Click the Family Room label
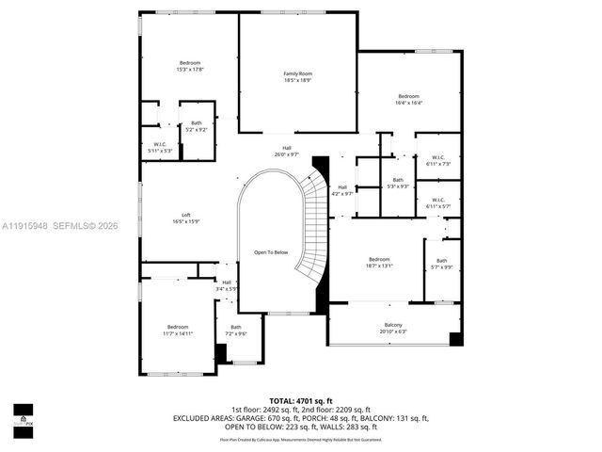298,77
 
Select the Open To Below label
270,252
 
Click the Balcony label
393,328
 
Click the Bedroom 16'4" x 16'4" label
408,100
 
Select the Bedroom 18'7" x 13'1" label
379,263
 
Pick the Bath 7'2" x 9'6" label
235,331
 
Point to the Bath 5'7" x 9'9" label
442,265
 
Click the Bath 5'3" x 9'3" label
398,183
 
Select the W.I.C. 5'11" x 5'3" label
159,147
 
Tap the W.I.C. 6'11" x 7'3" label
438,161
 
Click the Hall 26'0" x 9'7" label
287,151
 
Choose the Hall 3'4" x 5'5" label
227,285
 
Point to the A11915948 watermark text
26,225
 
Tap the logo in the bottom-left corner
22,415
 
